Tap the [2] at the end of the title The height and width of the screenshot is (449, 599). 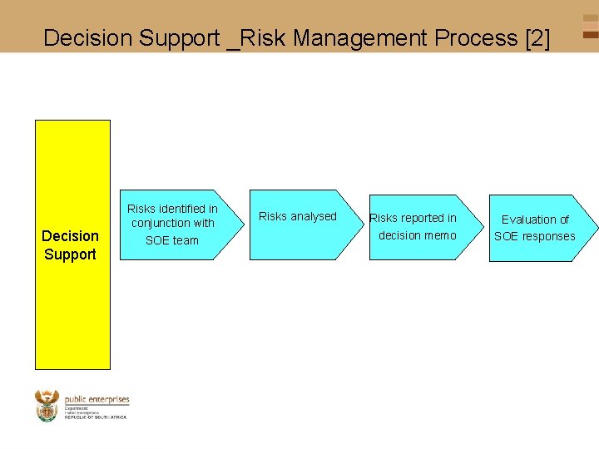tap(537, 37)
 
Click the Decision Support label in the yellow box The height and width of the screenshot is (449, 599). tap(71, 244)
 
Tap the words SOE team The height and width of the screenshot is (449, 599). tap(172, 240)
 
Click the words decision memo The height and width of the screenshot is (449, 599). tap(418, 235)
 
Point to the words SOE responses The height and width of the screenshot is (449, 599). tap(535, 236)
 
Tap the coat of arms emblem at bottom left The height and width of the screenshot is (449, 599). tap(47, 405)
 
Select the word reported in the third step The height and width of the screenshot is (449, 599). tap(425, 218)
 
